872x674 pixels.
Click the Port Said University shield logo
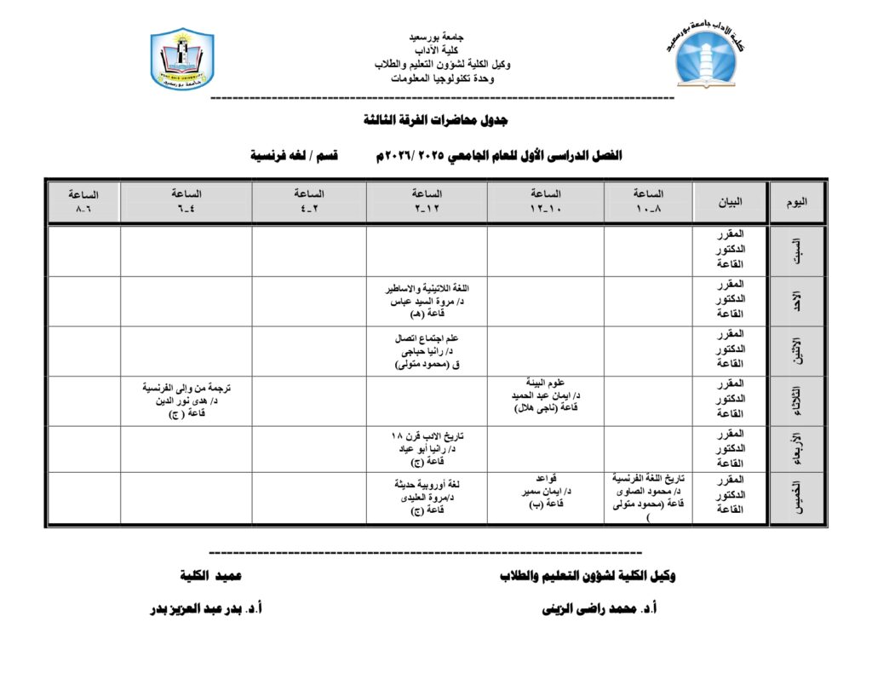tap(182, 59)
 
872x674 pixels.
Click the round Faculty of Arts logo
tap(708, 55)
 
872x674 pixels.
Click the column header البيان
tap(730, 202)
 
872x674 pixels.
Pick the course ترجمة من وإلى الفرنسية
tap(186, 388)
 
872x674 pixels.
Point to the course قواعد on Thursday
tap(545, 479)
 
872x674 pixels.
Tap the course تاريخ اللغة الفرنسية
tap(648, 479)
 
